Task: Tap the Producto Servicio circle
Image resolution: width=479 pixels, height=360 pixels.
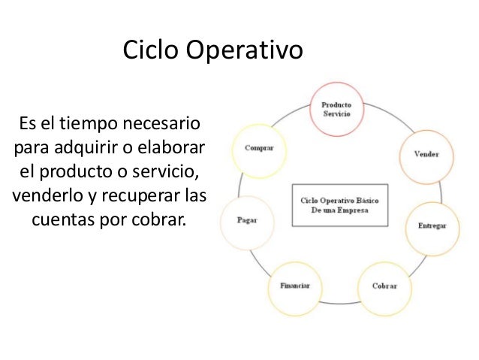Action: (336, 109)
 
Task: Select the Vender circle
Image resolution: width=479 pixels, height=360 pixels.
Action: (426, 154)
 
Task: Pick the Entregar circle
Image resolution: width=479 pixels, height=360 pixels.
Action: (432, 225)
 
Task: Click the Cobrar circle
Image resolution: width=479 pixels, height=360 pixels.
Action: (385, 286)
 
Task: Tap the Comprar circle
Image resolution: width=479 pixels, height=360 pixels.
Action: (260, 148)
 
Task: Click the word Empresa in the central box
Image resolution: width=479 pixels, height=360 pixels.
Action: (363, 210)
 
